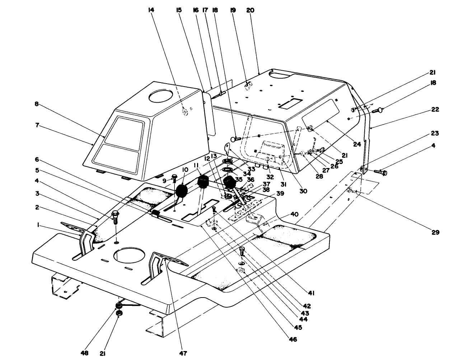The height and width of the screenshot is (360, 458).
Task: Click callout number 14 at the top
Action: (x=151, y=10)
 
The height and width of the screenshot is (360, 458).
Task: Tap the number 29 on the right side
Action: (x=435, y=232)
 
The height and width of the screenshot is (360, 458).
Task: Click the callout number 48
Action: (x=85, y=353)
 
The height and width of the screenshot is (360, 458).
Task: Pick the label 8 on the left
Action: (x=36, y=104)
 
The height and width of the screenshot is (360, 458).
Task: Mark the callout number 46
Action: (x=293, y=339)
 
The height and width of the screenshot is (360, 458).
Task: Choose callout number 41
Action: (x=311, y=293)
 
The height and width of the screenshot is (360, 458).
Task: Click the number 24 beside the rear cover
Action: (x=356, y=144)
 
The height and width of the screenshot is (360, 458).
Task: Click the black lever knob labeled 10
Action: (x=182, y=191)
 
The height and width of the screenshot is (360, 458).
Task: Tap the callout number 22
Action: (x=435, y=109)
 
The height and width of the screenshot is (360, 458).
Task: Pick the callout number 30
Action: (x=303, y=191)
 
